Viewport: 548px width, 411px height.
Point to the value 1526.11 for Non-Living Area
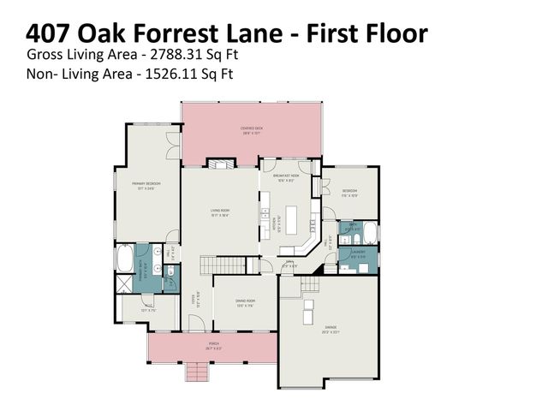[171, 74]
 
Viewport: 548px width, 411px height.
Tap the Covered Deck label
[252, 131]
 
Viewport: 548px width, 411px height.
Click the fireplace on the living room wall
[218, 163]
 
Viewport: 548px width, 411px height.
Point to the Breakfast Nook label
[290, 178]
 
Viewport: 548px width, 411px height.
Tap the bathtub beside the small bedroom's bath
[371, 232]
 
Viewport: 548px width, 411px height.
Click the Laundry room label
[357, 253]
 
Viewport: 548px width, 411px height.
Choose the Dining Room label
[245, 302]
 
